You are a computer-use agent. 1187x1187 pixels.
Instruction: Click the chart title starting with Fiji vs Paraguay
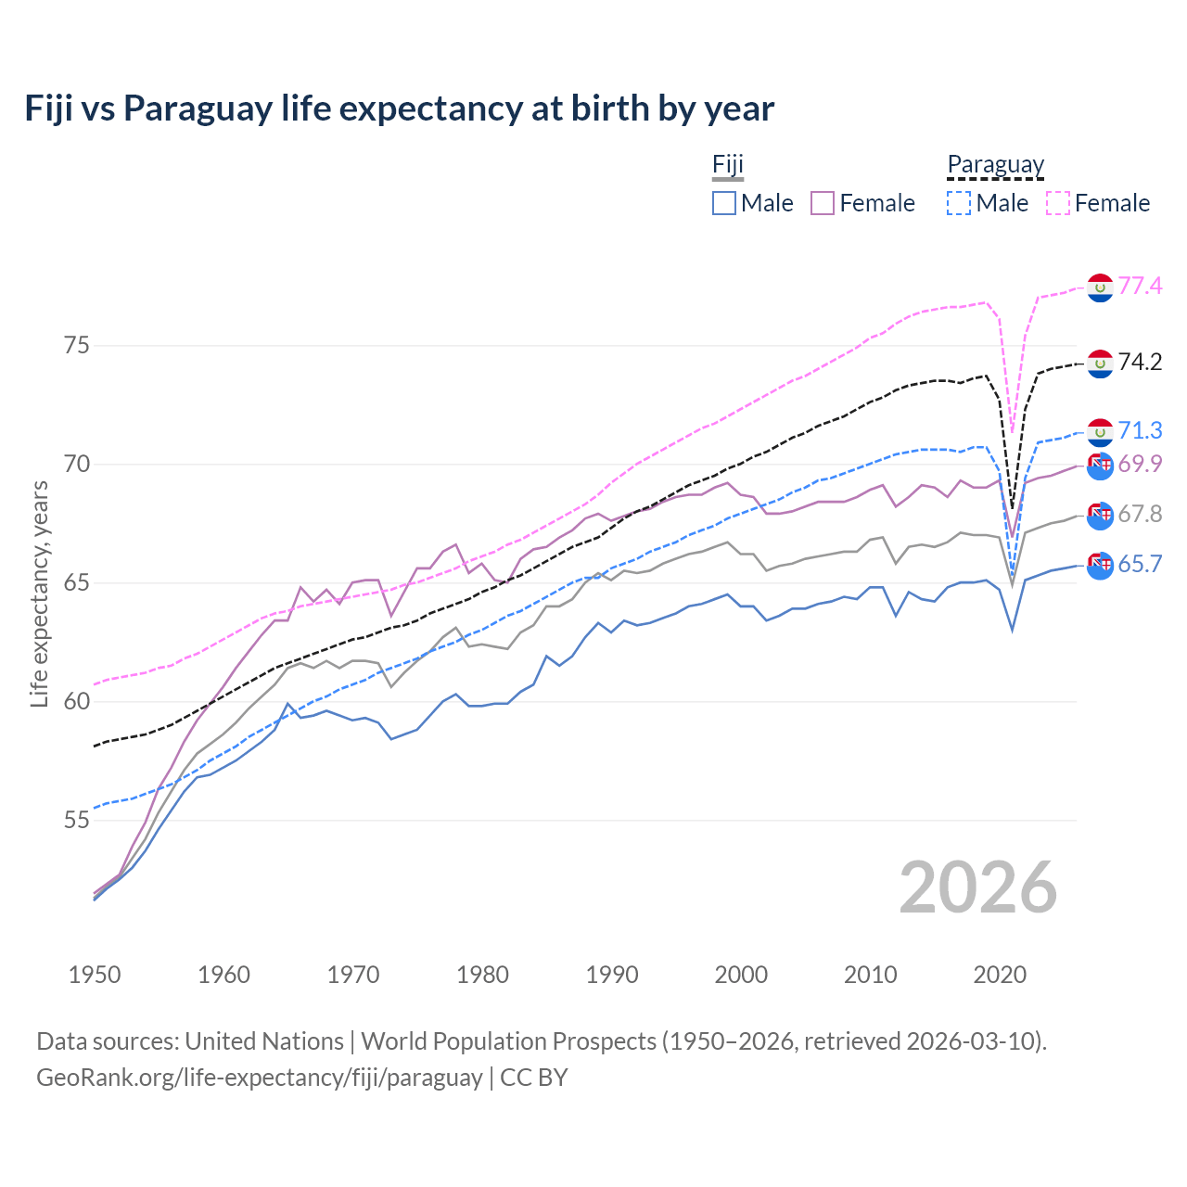pyautogui.click(x=399, y=108)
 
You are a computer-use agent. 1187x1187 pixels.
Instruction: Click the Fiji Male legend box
pyautogui.click(x=724, y=203)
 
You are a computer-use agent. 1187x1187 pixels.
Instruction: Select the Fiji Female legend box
pyautogui.click(x=823, y=203)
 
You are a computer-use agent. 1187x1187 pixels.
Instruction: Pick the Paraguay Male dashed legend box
pyautogui.click(x=959, y=203)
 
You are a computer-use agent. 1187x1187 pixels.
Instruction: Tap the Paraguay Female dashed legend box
pyautogui.click(x=1058, y=203)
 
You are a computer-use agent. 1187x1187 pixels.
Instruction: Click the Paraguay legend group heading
pyautogui.click(x=996, y=165)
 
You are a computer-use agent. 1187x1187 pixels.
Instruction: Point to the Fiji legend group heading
pyautogui.click(x=728, y=165)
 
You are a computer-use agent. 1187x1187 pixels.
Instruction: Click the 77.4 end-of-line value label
pyautogui.click(x=1140, y=286)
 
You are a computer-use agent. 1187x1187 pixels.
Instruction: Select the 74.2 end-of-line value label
pyautogui.click(x=1140, y=362)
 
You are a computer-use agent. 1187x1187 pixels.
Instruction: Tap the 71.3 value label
pyautogui.click(x=1140, y=430)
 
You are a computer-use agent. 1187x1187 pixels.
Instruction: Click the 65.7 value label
pyautogui.click(x=1140, y=564)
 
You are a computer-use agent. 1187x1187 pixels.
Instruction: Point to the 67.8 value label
pyautogui.click(x=1140, y=514)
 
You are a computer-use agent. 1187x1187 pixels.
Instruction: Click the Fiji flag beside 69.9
pyautogui.click(x=1100, y=466)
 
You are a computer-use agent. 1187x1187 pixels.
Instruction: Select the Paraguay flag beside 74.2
pyautogui.click(x=1100, y=364)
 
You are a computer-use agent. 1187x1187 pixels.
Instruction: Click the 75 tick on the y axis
pyautogui.click(x=77, y=346)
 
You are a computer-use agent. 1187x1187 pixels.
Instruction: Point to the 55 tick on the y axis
pyautogui.click(x=77, y=821)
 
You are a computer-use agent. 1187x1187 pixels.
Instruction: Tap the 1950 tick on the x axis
pyautogui.click(x=95, y=975)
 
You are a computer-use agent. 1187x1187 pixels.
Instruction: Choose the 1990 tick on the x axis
pyautogui.click(x=612, y=975)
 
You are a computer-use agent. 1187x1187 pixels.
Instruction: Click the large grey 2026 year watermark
pyautogui.click(x=977, y=887)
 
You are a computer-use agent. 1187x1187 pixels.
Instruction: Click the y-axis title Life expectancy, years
pyautogui.click(x=39, y=593)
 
